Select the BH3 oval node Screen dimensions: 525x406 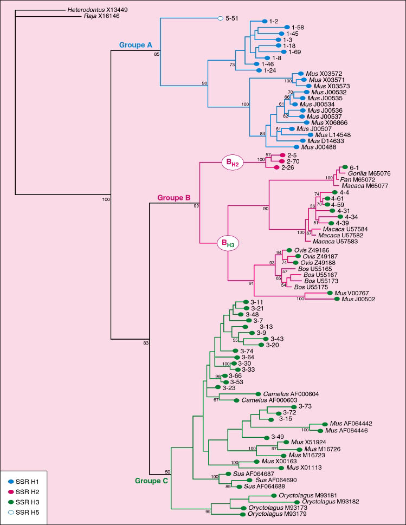coord(229,244)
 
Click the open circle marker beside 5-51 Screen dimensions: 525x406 coord(220,18)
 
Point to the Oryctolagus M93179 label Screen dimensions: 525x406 coord(279,513)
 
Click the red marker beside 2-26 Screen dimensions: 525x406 coord(277,167)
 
